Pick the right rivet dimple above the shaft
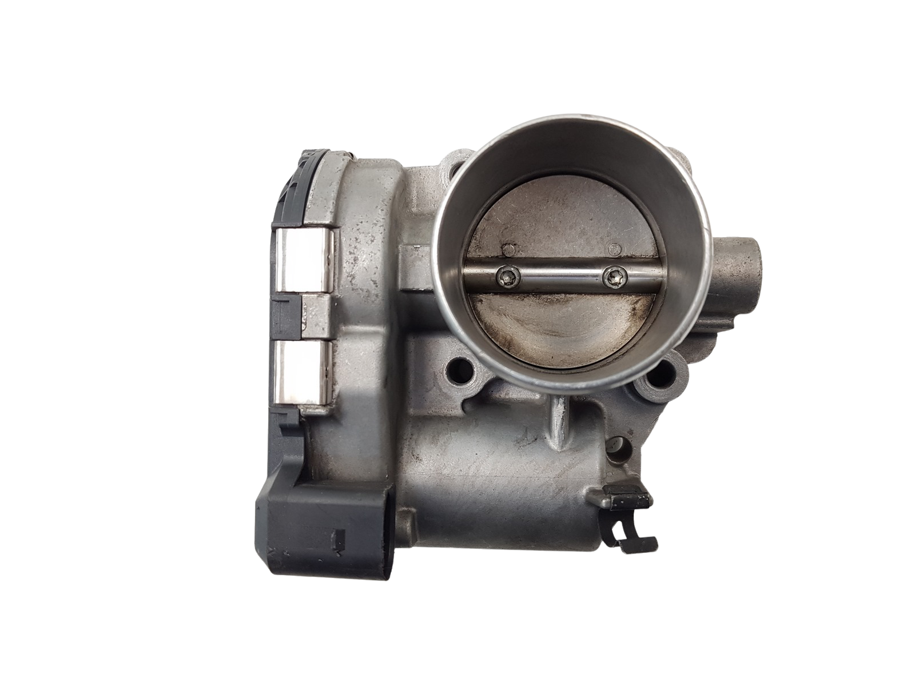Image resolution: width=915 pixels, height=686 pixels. pyautogui.click(x=615, y=249)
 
